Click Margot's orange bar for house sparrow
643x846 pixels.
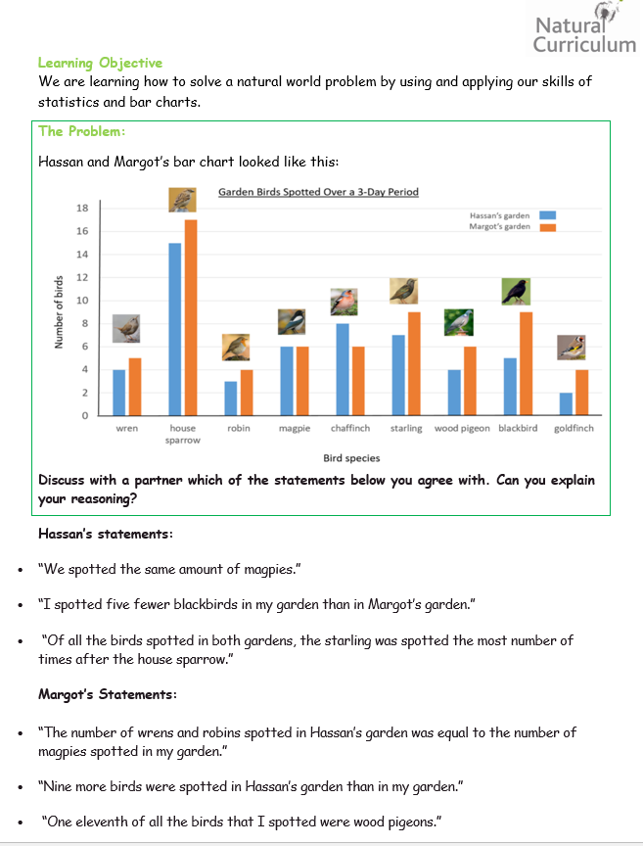pyautogui.click(x=191, y=317)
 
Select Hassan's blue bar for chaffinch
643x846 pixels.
pyautogui.click(x=343, y=369)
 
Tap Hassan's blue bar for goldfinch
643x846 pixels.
pyautogui.click(x=566, y=404)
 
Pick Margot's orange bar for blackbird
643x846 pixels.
pyautogui.click(x=526, y=363)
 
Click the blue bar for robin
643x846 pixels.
pyautogui.click(x=231, y=399)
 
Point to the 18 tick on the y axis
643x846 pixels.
pyautogui.click(x=82, y=209)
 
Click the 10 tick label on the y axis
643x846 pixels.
pyautogui.click(x=82, y=301)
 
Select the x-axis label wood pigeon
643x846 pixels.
pyautogui.click(x=462, y=429)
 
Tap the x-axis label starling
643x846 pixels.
pyautogui.click(x=406, y=429)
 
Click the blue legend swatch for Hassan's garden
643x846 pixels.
pyautogui.click(x=547, y=215)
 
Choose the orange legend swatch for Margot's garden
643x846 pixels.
pyautogui.click(x=547, y=227)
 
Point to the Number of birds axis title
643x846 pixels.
pyautogui.click(x=59, y=311)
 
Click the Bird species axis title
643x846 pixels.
pyautogui.click(x=351, y=458)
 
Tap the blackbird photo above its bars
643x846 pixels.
pyautogui.click(x=516, y=292)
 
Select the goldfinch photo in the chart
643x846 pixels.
pyautogui.click(x=572, y=348)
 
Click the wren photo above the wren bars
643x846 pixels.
pyautogui.click(x=126, y=329)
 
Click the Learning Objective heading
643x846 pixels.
pyautogui.click(x=101, y=63)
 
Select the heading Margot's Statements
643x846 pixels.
pyautogui.click(x=108, y=694)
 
